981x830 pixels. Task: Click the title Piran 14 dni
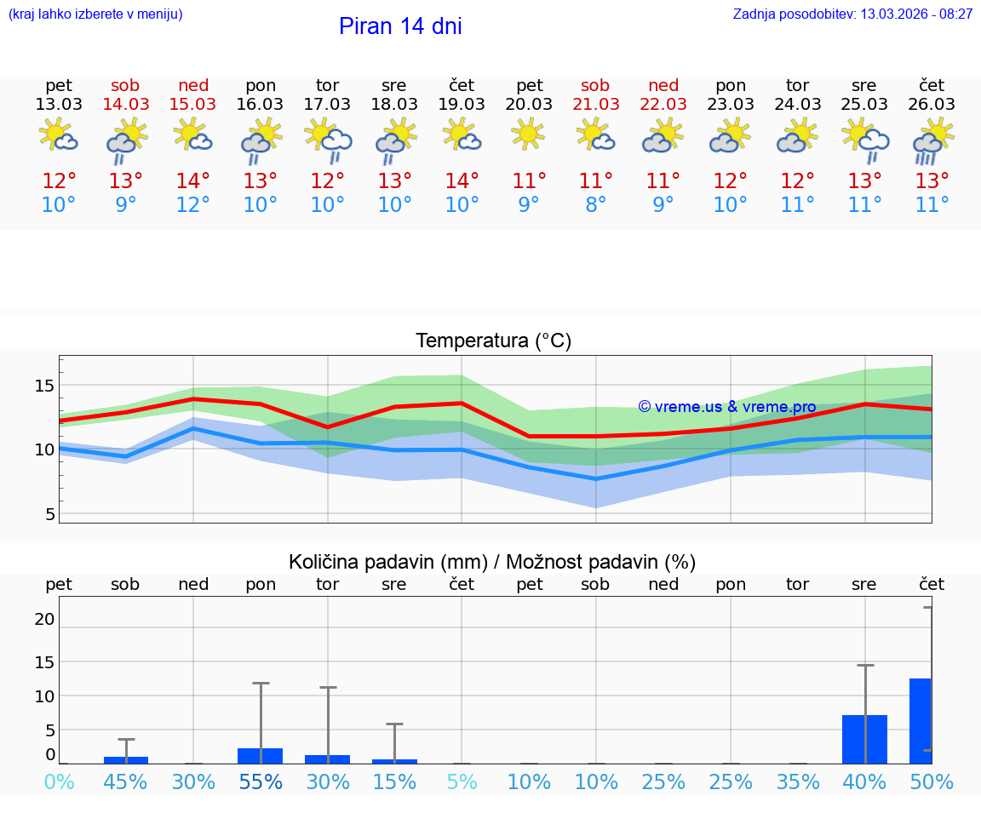coord(400,26)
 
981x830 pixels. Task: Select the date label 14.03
coord(125,104)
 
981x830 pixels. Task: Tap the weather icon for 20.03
coord(529,135)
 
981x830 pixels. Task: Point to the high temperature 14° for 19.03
coord(462,181)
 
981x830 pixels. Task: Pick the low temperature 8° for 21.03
coord(596,205)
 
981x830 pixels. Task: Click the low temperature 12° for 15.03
coord(193,205)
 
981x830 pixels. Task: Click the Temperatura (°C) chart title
coord(493,341)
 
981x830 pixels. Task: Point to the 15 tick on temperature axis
coord(44,386)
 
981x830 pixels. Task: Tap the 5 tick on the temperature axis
coord(49,514)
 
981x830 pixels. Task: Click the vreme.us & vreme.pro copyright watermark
coord(726,407)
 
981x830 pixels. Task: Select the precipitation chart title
coord(492,562)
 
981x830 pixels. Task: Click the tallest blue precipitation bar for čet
coord(921,720)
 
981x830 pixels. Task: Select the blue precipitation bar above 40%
coord(864,739)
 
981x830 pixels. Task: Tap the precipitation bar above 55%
coord(260,755)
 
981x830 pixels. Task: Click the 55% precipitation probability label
coord(260,782)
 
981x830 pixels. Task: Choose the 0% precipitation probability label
coord(59,782)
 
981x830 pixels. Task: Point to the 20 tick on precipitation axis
coord(44,619)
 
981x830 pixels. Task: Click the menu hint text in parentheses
coord(95,14)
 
